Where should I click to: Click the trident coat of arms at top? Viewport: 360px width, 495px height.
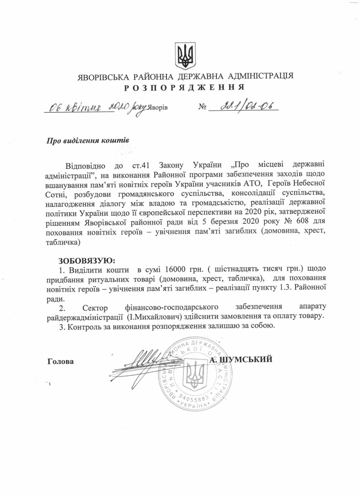tap(185, 56)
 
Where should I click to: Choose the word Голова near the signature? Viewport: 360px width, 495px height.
tap(61, 361)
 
